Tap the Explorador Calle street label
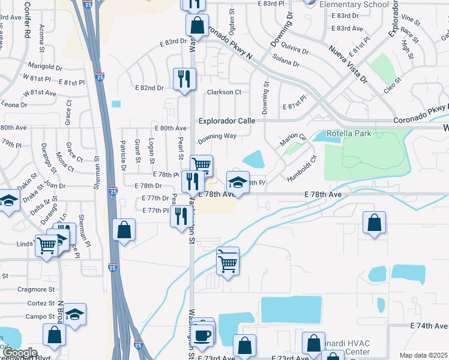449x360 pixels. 228,121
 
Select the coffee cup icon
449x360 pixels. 203,334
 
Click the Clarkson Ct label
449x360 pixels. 224,92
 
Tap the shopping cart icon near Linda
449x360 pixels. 46,244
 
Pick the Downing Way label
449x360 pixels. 217,137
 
